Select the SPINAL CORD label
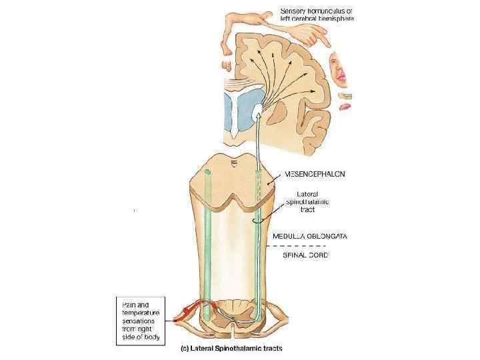(x=301, y=255)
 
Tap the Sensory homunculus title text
(x=317, y=15)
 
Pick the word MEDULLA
(x=285, y=235)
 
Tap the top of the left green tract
(x=209, y=173)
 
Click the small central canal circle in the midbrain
(x=233, y=161)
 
